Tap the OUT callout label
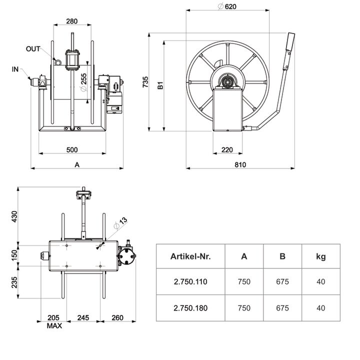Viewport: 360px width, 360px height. [33, 49]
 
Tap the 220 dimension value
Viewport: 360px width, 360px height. [227, 150]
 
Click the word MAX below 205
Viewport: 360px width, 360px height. [54, 325]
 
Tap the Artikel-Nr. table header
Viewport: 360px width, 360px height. [190, 256]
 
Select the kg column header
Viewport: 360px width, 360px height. [320, 256]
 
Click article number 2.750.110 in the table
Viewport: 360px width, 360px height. [190, 282]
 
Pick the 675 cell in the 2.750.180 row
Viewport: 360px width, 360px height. [282, 308]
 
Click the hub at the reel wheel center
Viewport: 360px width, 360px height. [228, 80]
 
